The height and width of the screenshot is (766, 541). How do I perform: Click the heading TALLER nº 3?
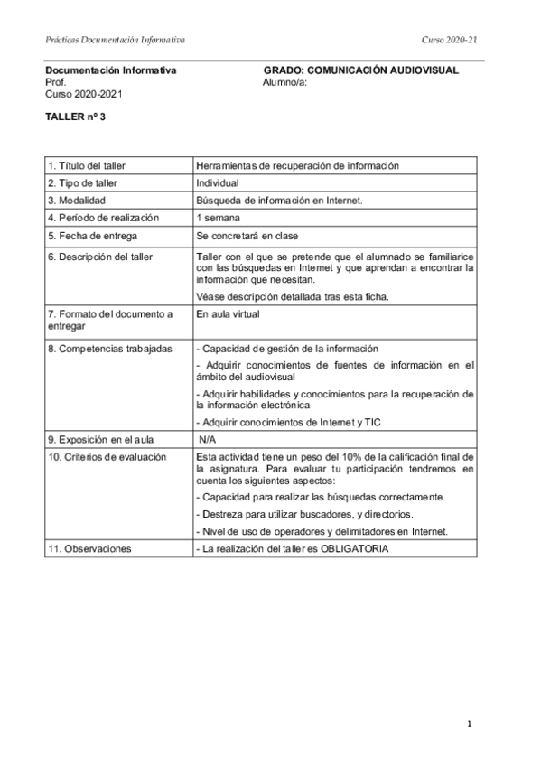tap(76, 117)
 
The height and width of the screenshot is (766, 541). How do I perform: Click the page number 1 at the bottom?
tap(471, 724)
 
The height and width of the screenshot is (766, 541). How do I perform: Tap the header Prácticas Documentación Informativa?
tap(115, 40)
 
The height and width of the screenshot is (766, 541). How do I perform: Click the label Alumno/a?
tap(285, 82)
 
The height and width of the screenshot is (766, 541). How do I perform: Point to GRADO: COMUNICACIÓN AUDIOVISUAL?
tap(361, 70)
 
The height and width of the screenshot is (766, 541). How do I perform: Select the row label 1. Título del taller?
tap(87, 165)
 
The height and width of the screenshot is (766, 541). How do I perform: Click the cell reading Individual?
tap(218, 182)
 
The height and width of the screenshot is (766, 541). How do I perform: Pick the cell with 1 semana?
tap(217, 218)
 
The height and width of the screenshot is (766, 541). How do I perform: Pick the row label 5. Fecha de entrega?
tap(92, 236)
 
